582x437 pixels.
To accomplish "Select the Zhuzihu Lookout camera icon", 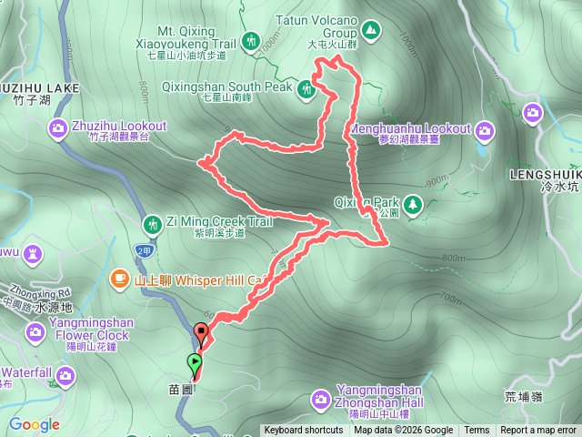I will pyautogui.click(x=57, y=126).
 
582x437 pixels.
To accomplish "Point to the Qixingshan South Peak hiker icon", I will pyautogui.click(x=306, y=88).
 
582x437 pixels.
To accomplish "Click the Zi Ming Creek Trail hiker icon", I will pyautogui.click(x=153, y=222).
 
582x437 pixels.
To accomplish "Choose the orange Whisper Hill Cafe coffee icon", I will pyautogui.click(x=119, y=278).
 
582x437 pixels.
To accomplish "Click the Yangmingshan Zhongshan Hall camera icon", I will pyautogui.click(x=321, y=398).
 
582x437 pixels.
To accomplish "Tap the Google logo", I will pyautogui.click(x=34, y=424).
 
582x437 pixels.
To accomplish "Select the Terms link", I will pyautogui.click(x=477, y=431).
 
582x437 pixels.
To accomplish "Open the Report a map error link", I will pyautogui.click(x=538, y=431).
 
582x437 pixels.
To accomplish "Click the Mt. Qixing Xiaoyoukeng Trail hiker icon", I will pyautogui.click(x=251, y=41).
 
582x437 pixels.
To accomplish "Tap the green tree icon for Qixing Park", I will pyautogui.click(x=413, y=202).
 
